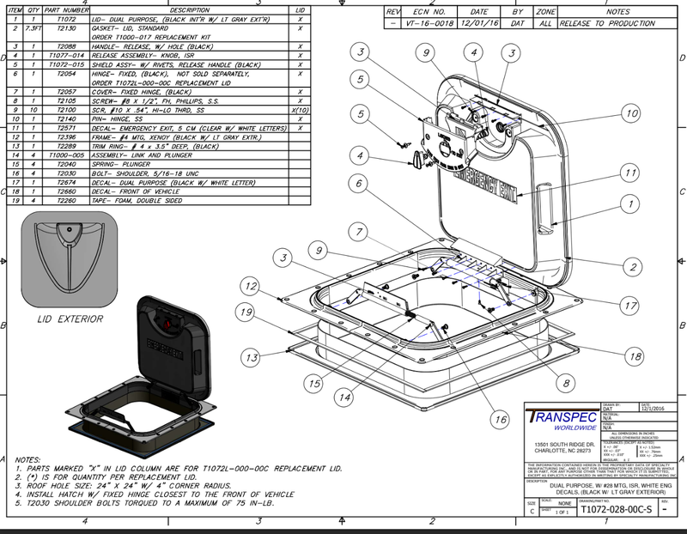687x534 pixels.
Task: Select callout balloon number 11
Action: pyautogui.click(x=632, y=174)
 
